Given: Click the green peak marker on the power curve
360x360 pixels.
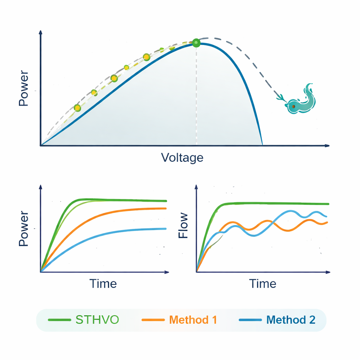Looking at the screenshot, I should (196, 43).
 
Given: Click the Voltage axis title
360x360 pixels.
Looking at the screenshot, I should (182, 157).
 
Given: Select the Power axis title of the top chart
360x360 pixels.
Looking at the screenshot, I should (24, 88).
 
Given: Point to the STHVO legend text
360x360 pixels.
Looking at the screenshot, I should (97, 320).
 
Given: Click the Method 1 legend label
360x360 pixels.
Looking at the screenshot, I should (193, 320).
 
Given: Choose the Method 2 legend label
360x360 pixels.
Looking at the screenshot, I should (291, 320).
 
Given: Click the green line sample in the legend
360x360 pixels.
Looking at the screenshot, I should (59, 320).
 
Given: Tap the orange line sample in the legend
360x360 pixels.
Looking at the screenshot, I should (153, 320).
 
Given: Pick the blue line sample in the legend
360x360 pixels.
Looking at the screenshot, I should (250, 320).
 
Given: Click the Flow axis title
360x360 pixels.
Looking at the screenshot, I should (184, 226).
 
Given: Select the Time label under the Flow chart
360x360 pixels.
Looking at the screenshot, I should (263, 283).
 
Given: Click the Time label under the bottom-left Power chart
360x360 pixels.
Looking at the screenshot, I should (103, 283).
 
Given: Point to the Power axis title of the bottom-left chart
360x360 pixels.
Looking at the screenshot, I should (24, 229).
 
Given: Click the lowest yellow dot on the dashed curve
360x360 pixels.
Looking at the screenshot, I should (77, 108).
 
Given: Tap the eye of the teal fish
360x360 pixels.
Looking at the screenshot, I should (293, 106).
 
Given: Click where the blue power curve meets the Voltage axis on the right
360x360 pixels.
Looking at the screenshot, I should (262, 144).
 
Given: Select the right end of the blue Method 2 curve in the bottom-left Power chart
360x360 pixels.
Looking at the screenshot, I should (166, 229).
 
